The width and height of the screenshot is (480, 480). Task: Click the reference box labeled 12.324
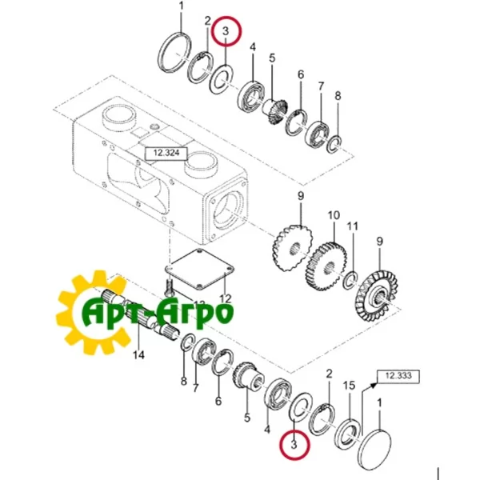click(166, 153)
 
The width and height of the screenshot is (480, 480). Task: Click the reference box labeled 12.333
click(398, 376)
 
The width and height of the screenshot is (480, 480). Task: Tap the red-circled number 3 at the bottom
click(294, 443)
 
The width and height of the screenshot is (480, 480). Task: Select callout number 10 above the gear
click(334, 215)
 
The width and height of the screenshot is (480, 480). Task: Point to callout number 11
click(352, 226)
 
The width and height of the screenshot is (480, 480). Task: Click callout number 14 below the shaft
click(138, 354)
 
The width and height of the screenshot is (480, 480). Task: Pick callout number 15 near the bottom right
click(349, 385)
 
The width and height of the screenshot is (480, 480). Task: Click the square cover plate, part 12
click(200, 268)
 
